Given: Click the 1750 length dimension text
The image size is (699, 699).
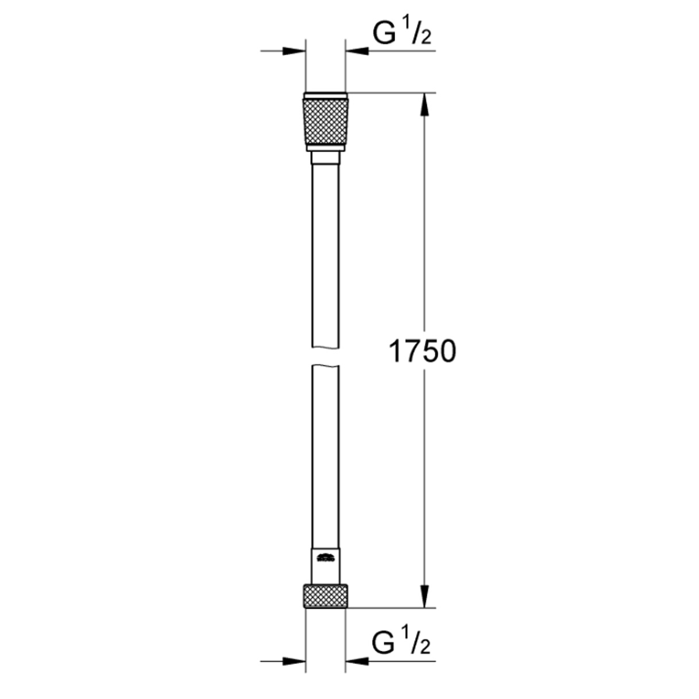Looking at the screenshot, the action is point(422,352).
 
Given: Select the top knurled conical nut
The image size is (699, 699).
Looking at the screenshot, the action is point(326,122).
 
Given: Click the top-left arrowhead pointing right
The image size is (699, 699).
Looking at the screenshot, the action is point(294,51).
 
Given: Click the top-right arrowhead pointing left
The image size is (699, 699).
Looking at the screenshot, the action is point(357,51).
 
